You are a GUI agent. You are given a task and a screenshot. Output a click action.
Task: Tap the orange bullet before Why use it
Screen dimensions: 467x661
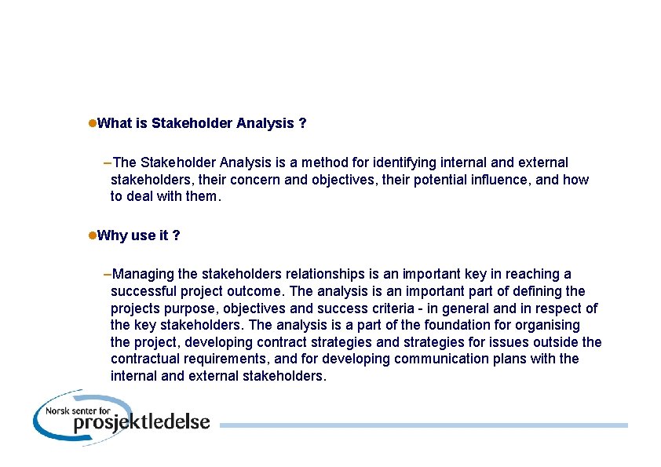(91, 235)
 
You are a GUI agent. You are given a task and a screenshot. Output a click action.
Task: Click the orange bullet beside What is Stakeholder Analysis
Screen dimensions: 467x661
(91, 123)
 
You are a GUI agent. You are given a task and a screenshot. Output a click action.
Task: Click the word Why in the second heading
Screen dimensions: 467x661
(113, 235)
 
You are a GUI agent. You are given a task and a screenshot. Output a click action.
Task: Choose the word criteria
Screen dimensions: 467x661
(393, 308)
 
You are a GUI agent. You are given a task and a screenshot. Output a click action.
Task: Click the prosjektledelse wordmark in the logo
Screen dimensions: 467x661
(141, 422)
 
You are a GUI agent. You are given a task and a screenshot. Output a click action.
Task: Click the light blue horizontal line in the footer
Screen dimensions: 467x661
(424, 425)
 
